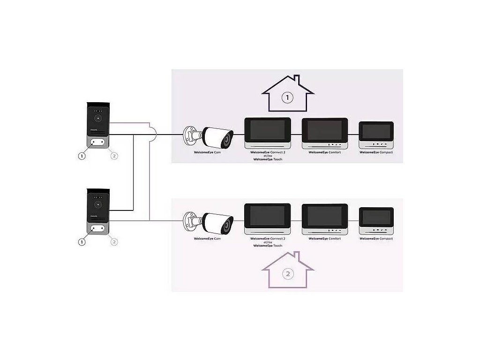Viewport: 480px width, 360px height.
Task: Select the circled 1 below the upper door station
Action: point(82,156)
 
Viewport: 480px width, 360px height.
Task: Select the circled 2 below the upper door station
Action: point(114,156)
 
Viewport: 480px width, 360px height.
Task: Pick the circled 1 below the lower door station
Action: point(82,242)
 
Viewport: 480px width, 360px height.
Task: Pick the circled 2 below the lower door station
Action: point(114,242)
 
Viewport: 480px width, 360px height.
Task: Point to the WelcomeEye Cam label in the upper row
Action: point(207,153)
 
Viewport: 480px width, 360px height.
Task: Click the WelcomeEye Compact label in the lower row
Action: point(376,239)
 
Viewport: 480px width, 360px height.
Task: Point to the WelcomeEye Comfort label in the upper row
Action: point(324,153)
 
